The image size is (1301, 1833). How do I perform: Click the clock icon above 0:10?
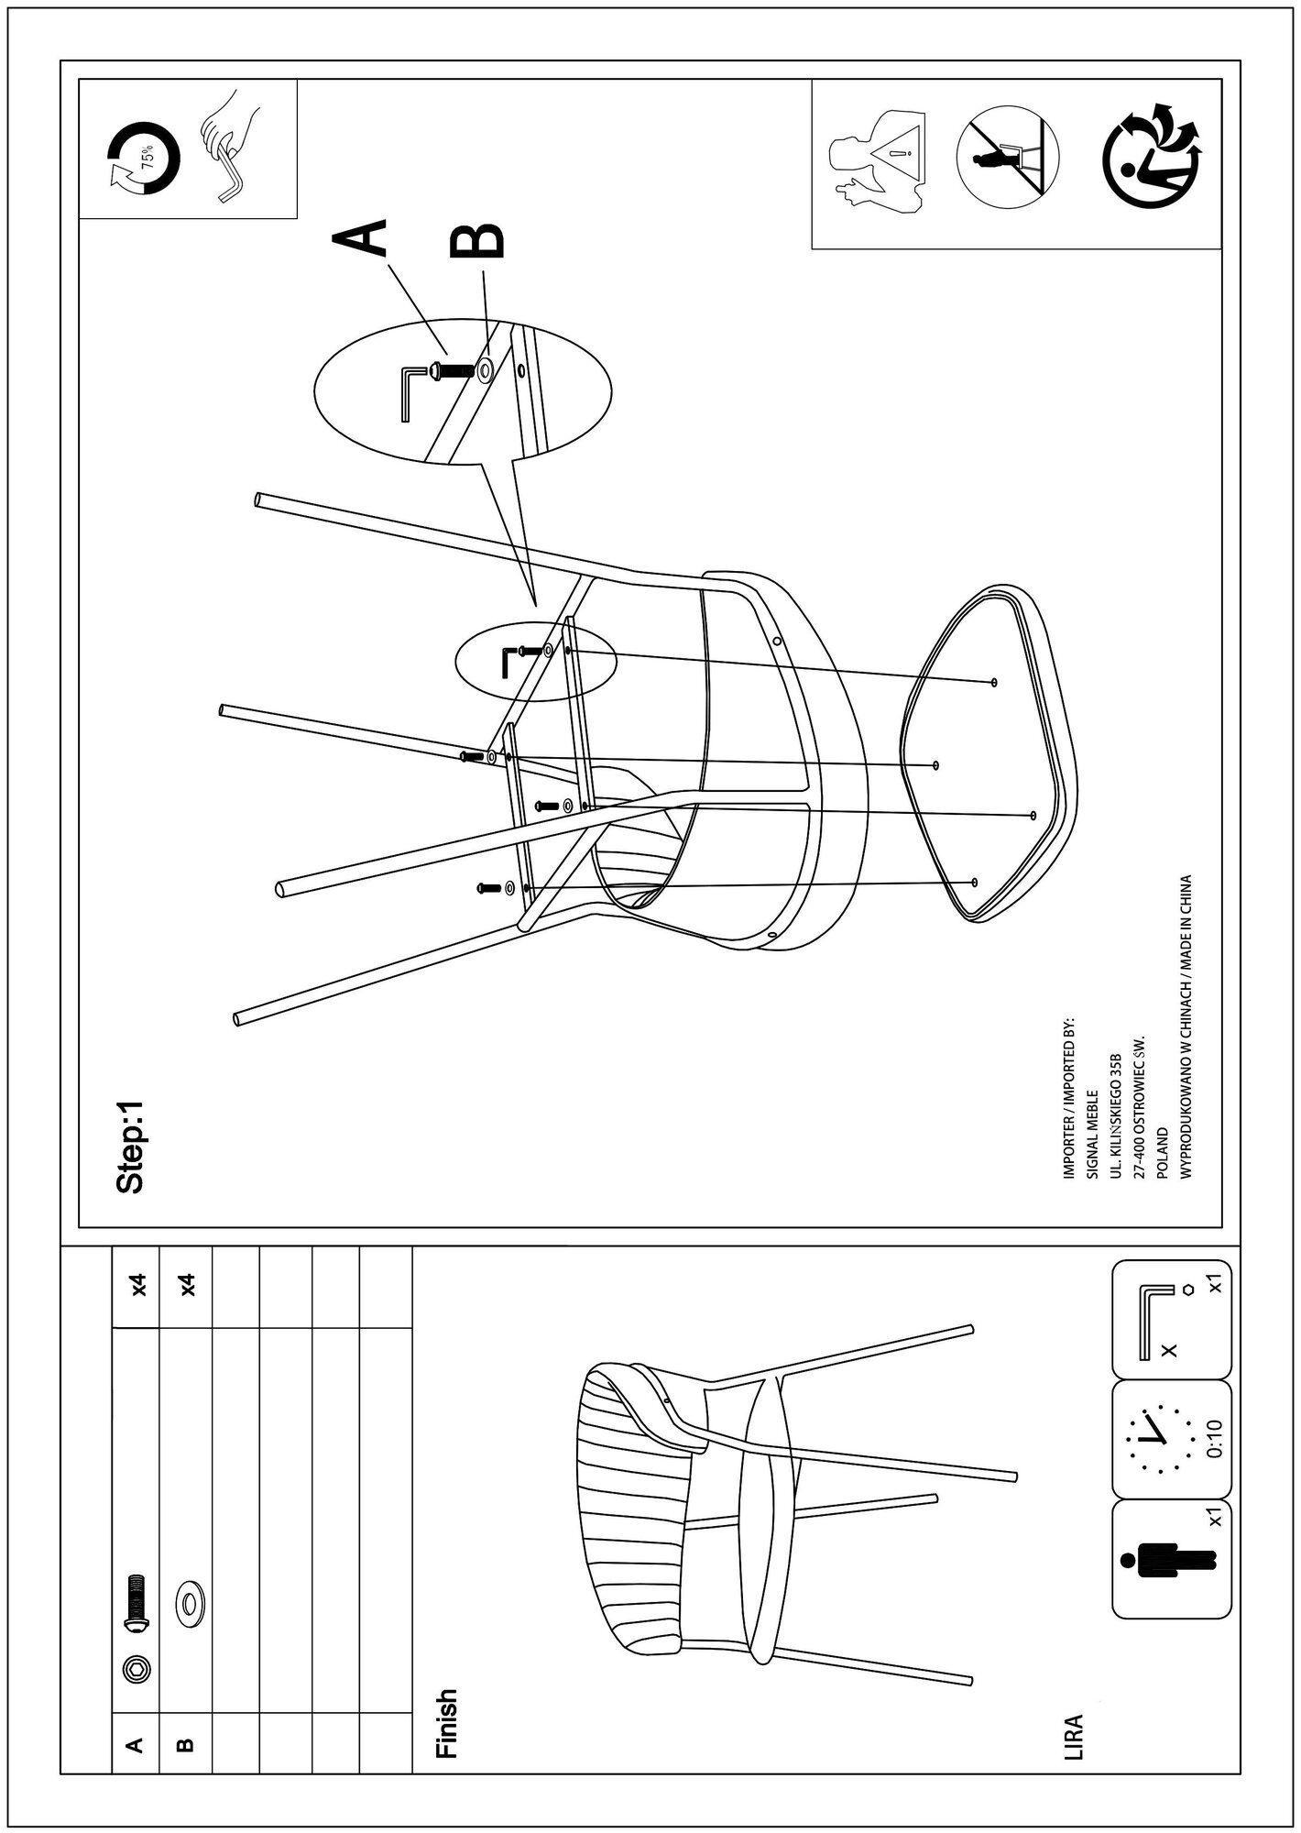pyautogui.click(x=1158, y=1447)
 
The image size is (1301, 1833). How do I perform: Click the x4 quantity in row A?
pyautogui.click(x=138, y=1285)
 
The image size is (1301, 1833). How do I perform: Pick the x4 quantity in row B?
pyautogui.click(x=188, y=1285)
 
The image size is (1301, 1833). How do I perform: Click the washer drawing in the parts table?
pyautogui.click(x=190, y=1604)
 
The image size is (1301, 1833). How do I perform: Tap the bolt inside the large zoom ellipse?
pyautogui.click(x=449, y=370)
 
